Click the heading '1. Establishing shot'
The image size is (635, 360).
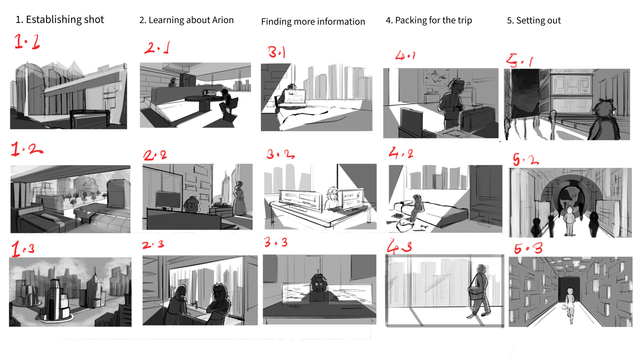(60, 20)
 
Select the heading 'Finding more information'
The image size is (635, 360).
(313, 22)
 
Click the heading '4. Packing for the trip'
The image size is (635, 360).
(429, 21)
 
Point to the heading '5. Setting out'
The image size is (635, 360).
(534, 21)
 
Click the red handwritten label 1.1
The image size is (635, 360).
(27, 42)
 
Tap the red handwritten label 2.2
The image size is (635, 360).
(155, 155)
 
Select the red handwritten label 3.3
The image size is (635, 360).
(276, 242)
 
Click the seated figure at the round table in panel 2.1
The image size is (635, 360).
(227, 104)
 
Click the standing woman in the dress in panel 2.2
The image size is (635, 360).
(239, 199)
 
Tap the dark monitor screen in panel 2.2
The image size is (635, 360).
(168, 200)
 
